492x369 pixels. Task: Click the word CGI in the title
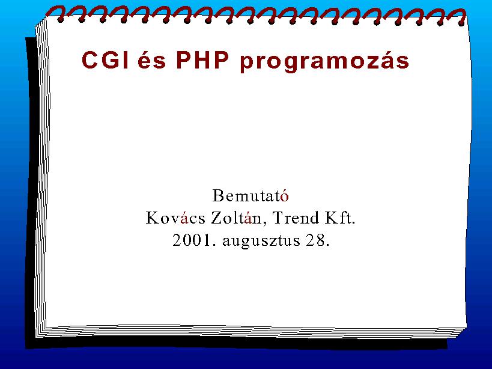point(105,59)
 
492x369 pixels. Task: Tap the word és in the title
point(151,59)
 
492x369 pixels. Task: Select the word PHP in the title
point(202,59)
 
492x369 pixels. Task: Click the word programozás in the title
point(324,61)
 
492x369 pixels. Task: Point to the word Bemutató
point(251,195)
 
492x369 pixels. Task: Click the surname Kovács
point(175,218)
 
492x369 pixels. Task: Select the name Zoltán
point(236,218)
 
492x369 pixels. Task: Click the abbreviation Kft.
point(340,218)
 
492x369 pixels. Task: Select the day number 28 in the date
point(318,240)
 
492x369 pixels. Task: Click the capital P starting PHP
point(184,59)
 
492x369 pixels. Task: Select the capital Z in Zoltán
point(216,218)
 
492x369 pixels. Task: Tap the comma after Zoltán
point(264,223)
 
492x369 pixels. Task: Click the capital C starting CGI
point(90,59)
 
